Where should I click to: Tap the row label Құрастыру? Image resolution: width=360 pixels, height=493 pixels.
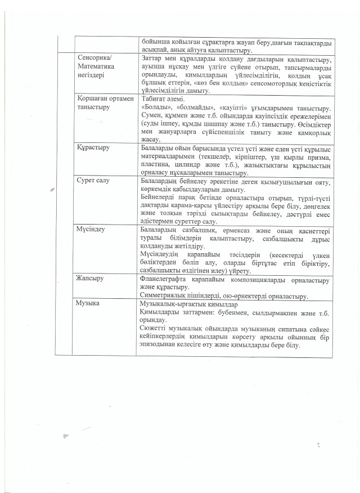(93, 147)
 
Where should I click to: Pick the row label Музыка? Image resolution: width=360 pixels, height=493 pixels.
(89, 303)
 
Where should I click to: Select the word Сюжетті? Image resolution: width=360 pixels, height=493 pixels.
(152, 328)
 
